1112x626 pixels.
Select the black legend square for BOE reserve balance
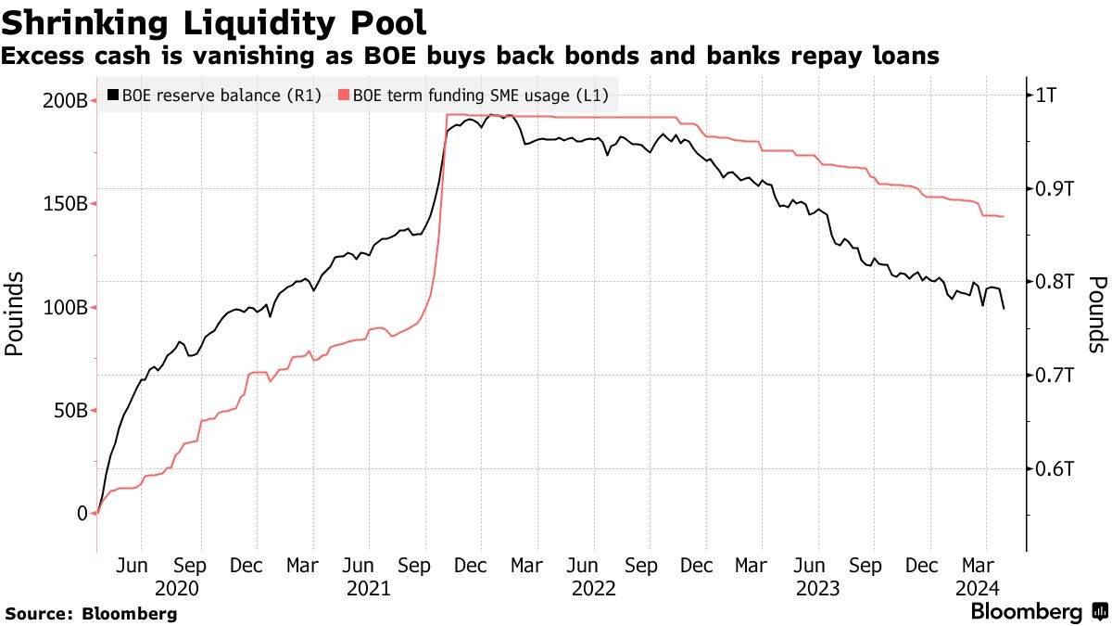pos(113,95)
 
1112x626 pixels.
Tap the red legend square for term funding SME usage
pos(344,95)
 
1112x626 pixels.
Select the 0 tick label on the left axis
pos(82,513)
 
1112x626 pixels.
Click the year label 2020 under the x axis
pos(177,588)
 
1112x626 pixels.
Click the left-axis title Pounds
pos(14,314)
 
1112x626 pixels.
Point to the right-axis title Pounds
pos(1097,314)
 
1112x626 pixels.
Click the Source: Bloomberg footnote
pos(91,613)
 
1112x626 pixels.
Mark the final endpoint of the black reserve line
pos(1005,308)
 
